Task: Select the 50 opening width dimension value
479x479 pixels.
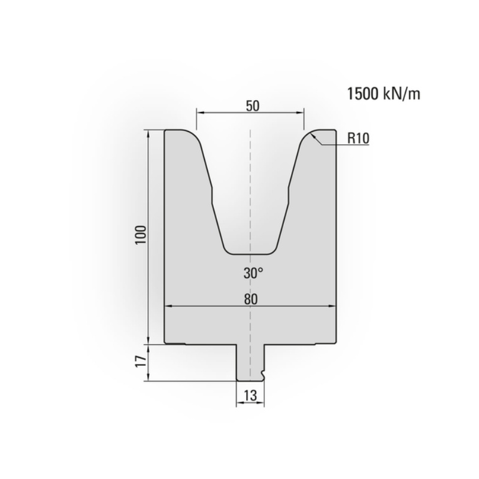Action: point(251,105)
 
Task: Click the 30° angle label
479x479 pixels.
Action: point(253,274)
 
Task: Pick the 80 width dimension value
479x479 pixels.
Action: point(251,299)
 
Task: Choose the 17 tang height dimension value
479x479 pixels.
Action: point(140,363)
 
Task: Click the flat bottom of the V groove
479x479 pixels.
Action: point(250,252)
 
